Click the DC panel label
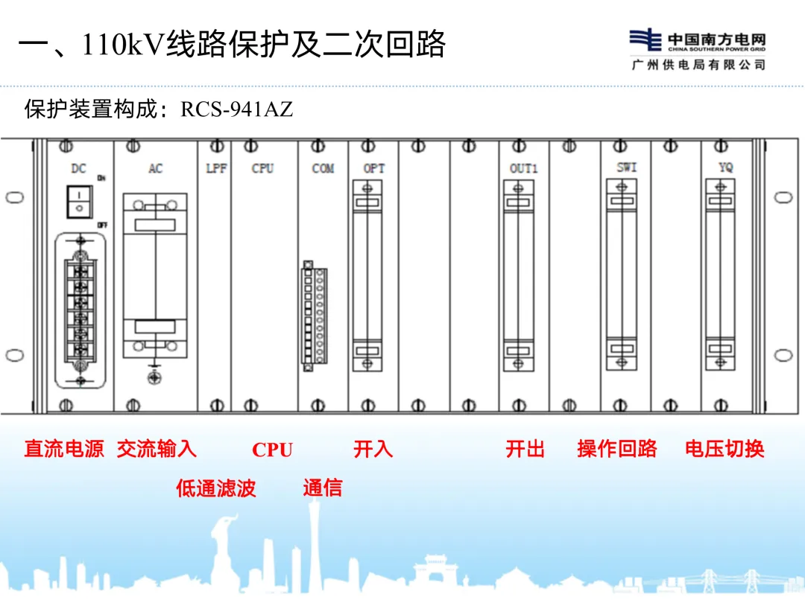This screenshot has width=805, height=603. tap(78, 169)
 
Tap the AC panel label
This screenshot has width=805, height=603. tap(155, 169)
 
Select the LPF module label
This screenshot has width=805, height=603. tap(215, 169)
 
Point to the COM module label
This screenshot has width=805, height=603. tap(323, 169)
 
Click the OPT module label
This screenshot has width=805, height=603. tap(373, 169)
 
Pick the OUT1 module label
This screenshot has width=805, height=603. tap(523, 169)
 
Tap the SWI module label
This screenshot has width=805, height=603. tap(627, 168)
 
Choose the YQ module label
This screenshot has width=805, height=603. tap(725, 168)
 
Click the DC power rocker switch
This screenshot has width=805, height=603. tap(79, 202)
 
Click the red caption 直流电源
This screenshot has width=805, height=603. tap(64, 449)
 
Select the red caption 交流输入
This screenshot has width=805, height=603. tap(157, 449)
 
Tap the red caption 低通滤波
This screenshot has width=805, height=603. tap(216, 488)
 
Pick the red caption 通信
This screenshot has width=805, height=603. tap(323, 488)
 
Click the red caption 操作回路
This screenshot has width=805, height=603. tap(617, 449)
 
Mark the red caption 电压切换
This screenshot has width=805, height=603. tap(724, 449)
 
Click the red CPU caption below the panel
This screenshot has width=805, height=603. tap(272, 450)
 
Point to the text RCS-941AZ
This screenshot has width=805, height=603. tap(237, 110)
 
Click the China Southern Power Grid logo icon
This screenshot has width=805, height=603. tap(645, 40)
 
